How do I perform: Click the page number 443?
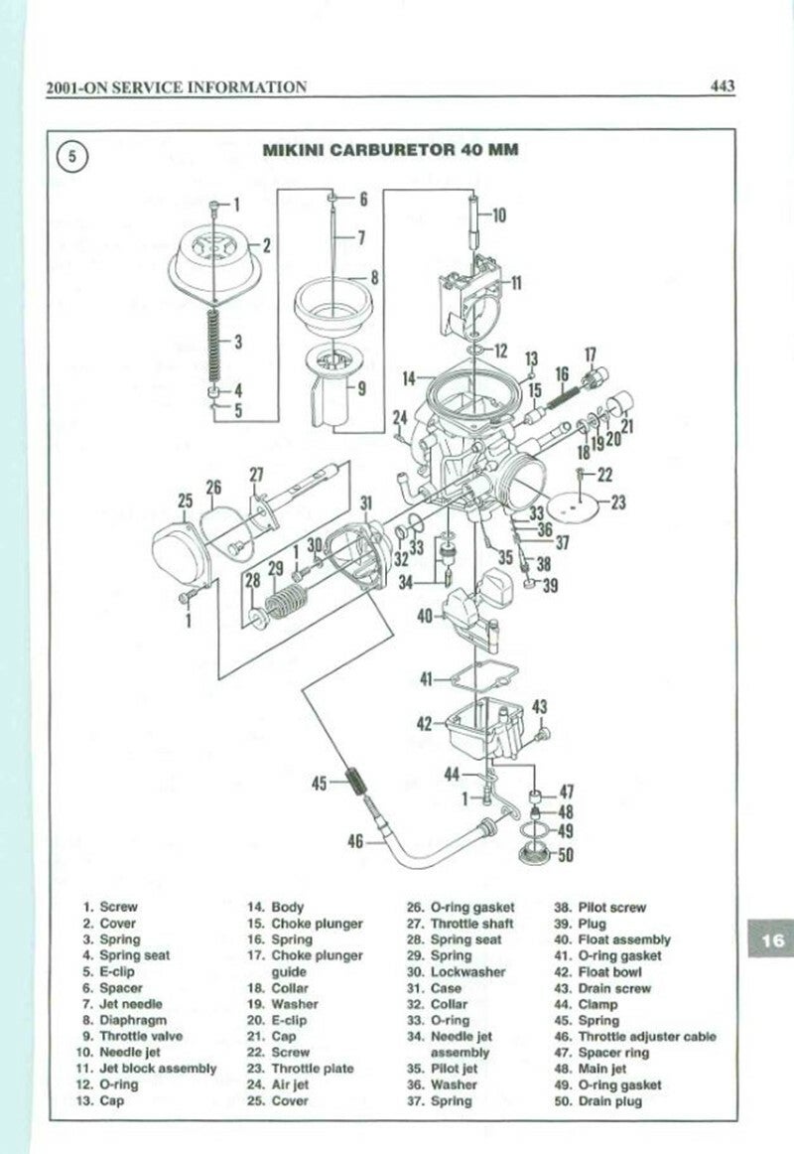(723, 86)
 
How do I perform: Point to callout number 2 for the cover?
(267, 242)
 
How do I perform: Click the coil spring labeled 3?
(211, 342)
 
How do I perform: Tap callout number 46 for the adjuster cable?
(354, 842)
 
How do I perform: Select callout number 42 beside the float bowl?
(424, 724)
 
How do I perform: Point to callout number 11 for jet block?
(517, 283)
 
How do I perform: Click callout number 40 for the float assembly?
(426, 616)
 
